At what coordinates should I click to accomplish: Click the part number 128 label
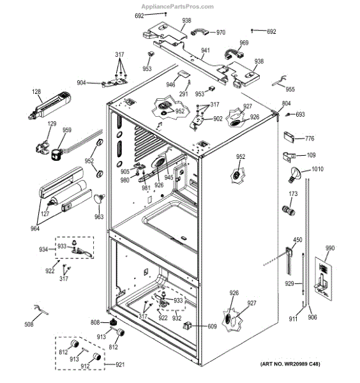pyautogui.click(x=36, y=91)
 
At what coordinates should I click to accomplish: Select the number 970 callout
pyautogui.click(x=221, y=33)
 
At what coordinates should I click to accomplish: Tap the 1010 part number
pyautogui.click(x=317, y=169)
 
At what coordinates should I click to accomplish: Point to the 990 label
pyautogui.click(x=329, y=248)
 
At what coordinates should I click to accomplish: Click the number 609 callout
pyautogui.click(x=212, y=326)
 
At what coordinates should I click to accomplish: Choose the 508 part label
pyautogui.click(x=29, y=324)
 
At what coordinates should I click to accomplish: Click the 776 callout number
pyautogui.click(x=310, y=139)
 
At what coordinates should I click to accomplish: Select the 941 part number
pyautogui.click(x=206, y=50)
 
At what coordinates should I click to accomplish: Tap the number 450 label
pyautogui.click(x=297, y=240)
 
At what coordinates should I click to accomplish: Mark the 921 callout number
pyautogui.click(x=120, y=364)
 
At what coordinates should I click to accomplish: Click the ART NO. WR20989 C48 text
pyautogui.click(x=290, y=364)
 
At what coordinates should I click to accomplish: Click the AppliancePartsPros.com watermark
pyautogui.click(x=177, y=6)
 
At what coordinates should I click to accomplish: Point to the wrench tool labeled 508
pyautogui.click(x=41, y=310)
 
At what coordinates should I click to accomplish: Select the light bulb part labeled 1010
pyautogui.click(x=294, y=174)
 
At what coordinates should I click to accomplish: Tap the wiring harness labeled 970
pyautogui.click(x=200, y=33)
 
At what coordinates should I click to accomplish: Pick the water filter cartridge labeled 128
pyautogui.click(x=50, y=105)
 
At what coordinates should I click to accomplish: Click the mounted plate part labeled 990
pyautogui.click(x=323, y=278)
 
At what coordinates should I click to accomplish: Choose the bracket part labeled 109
pyautogui.click(x=289, y=156)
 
